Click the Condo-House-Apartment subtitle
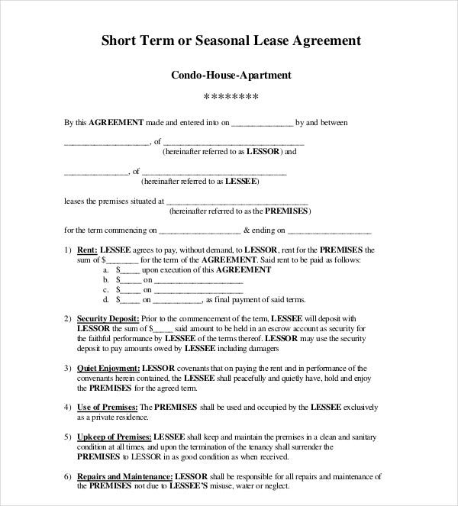pyautogui.click(x=231, y=76)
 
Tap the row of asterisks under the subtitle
pyautogui.click(x=231, y=98)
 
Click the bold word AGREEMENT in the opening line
pyautogui.click(x=114, y=122)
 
